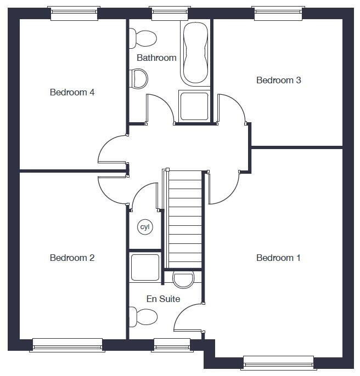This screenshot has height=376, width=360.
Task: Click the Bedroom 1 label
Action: pos(278,258)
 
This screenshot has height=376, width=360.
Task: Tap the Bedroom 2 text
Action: pos(72,258)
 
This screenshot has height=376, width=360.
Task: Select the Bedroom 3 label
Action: pos(278,80)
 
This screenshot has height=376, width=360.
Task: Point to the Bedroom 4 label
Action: pos(72,92)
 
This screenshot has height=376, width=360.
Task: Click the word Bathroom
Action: pos(156,58)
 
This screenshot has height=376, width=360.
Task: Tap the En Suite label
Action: pos(163,299)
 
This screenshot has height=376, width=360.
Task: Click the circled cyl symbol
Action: pos(145,227)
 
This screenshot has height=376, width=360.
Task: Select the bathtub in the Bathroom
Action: pos(196,52)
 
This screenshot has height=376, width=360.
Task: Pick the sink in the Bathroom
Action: pos(139,78)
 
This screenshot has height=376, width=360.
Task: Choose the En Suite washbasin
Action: pos(183,279)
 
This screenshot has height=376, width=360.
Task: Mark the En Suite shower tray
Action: pos(145,267)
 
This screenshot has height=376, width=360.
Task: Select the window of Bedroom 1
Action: pos(279,362)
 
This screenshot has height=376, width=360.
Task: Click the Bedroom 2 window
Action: pos(68,344)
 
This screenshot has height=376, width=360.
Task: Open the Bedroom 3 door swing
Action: pos(231,110)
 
